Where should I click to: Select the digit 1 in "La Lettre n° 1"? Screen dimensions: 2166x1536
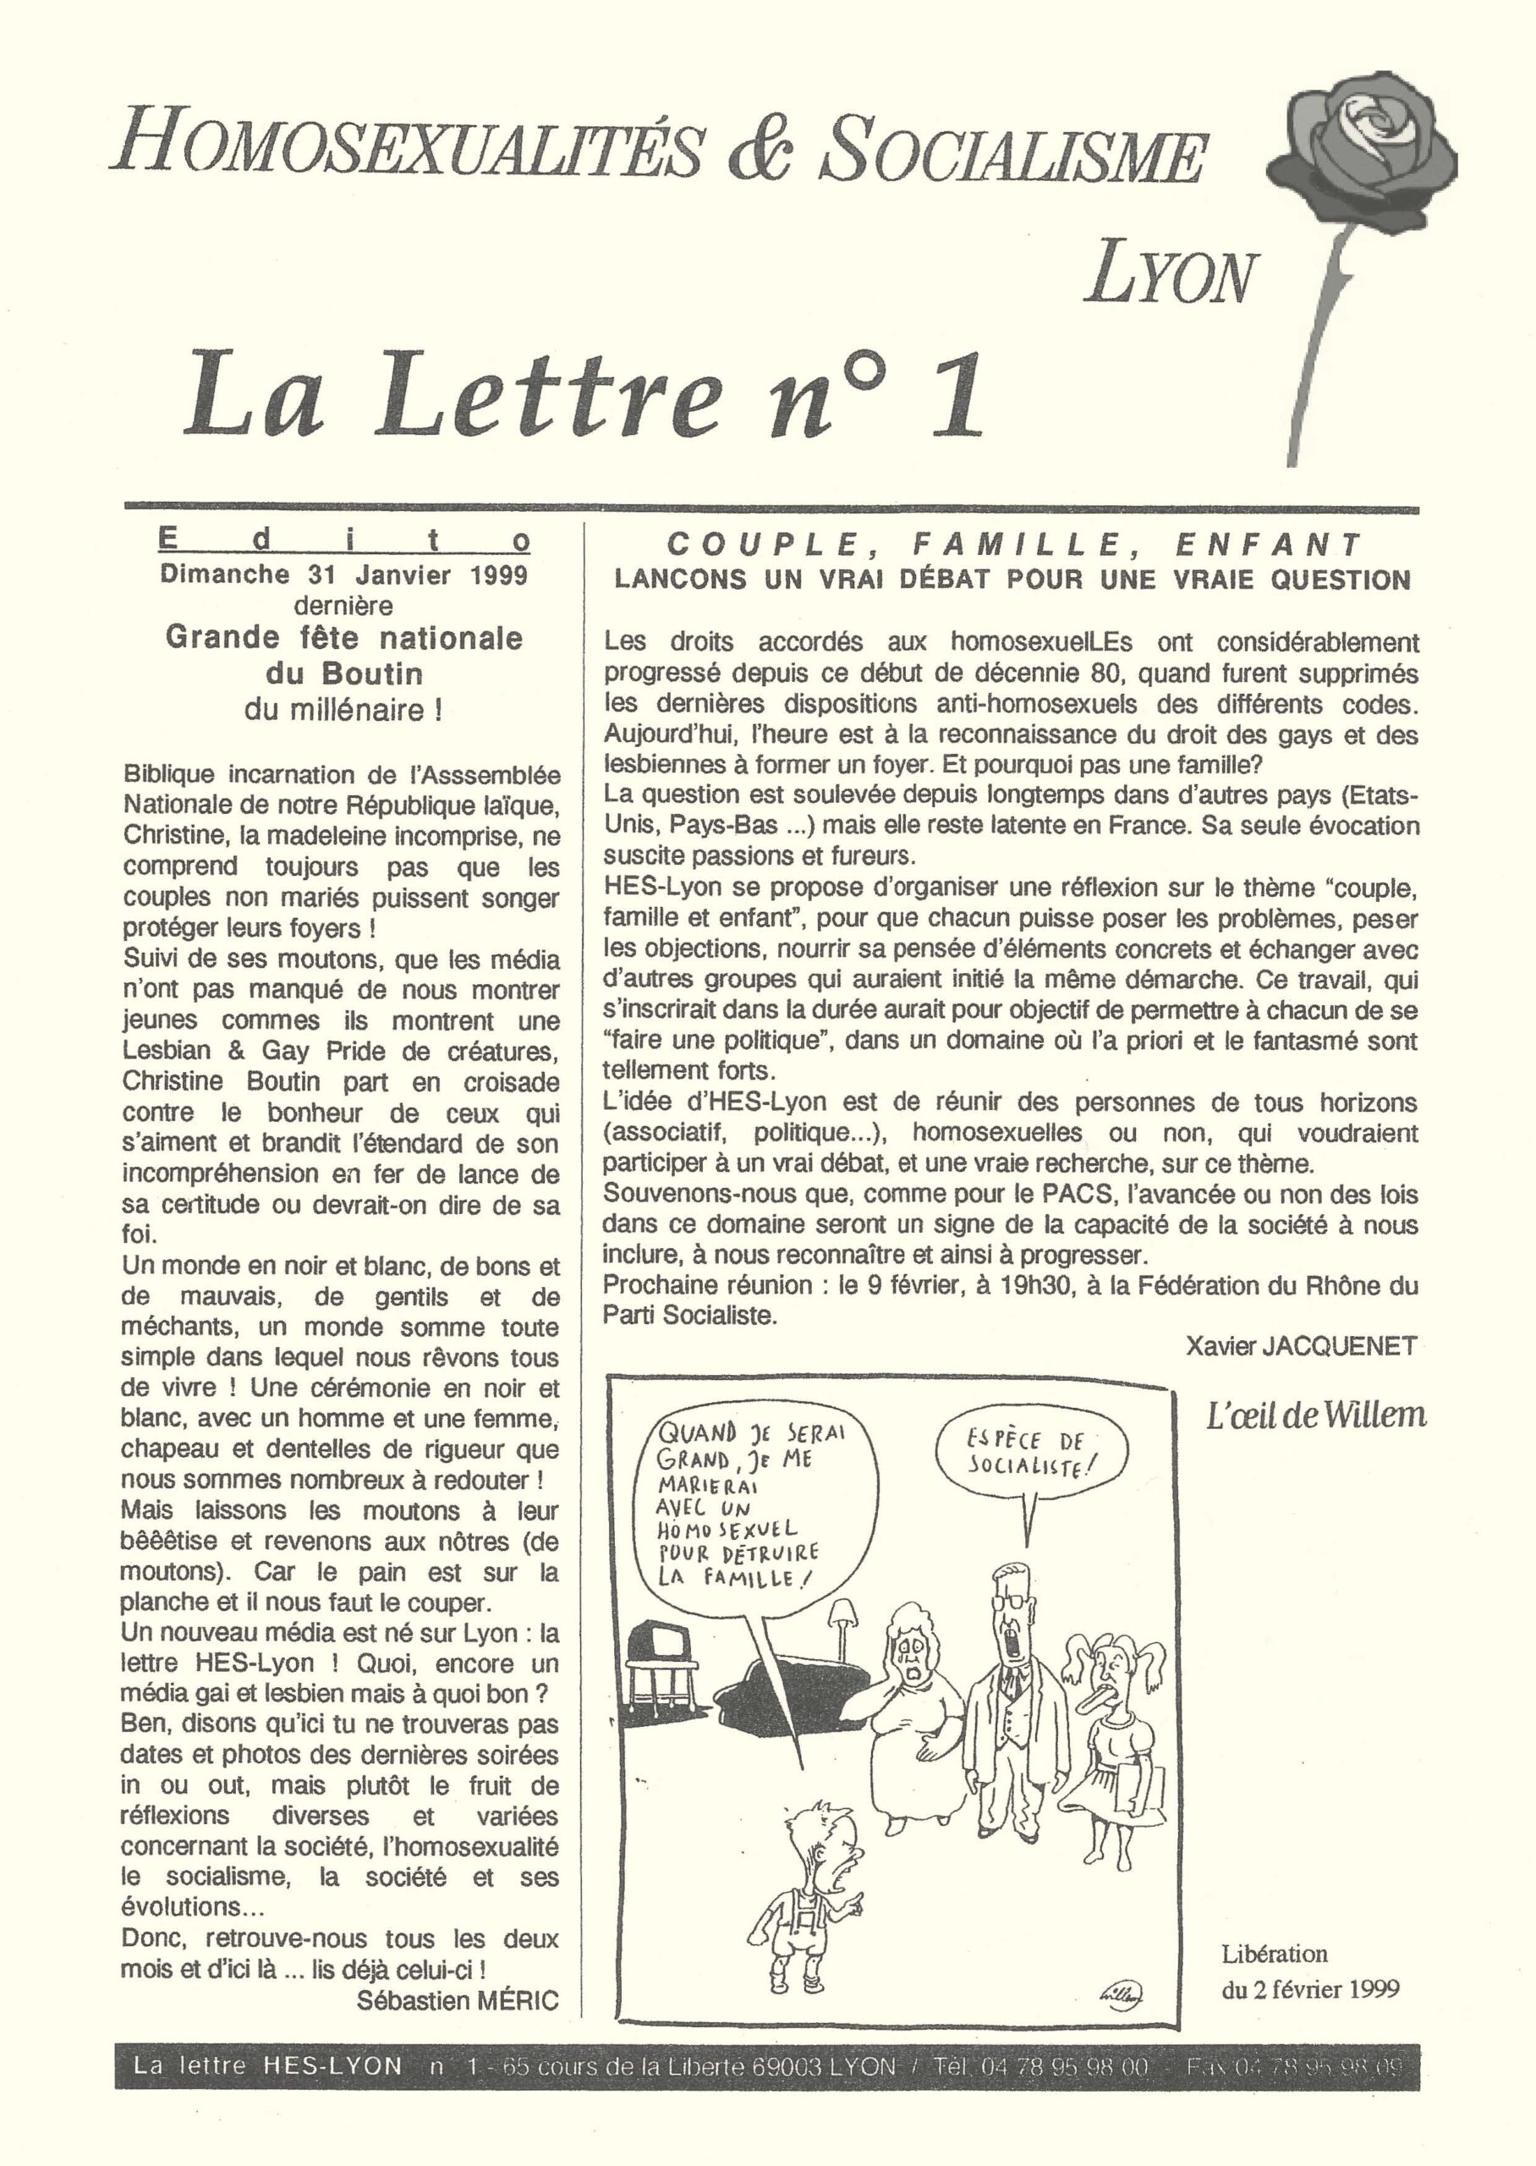coord(955,395)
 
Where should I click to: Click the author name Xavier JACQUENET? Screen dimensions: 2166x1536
coord(1301,1346)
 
